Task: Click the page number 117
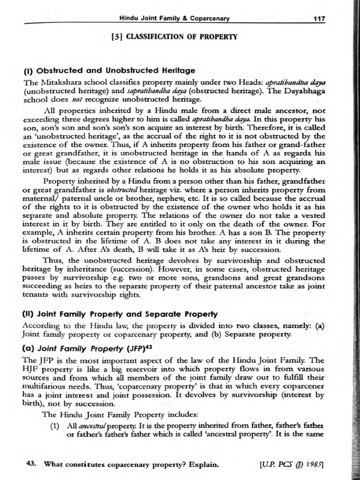point(319,18)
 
